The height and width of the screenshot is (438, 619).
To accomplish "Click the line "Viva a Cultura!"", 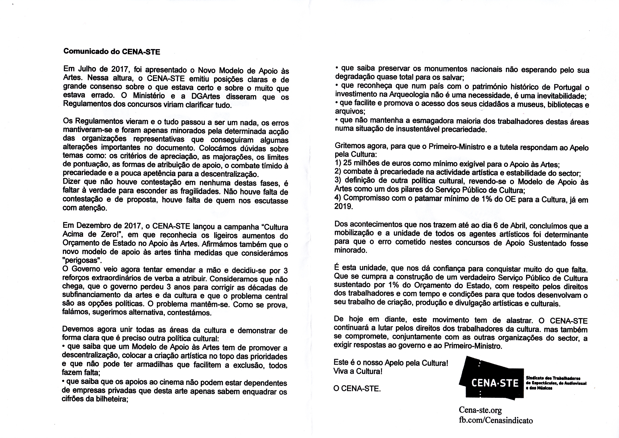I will pos(358,372).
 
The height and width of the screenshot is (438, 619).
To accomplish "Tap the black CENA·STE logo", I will pos(492,381).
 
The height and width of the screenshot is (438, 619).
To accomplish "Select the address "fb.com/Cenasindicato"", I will pos(496,420).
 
